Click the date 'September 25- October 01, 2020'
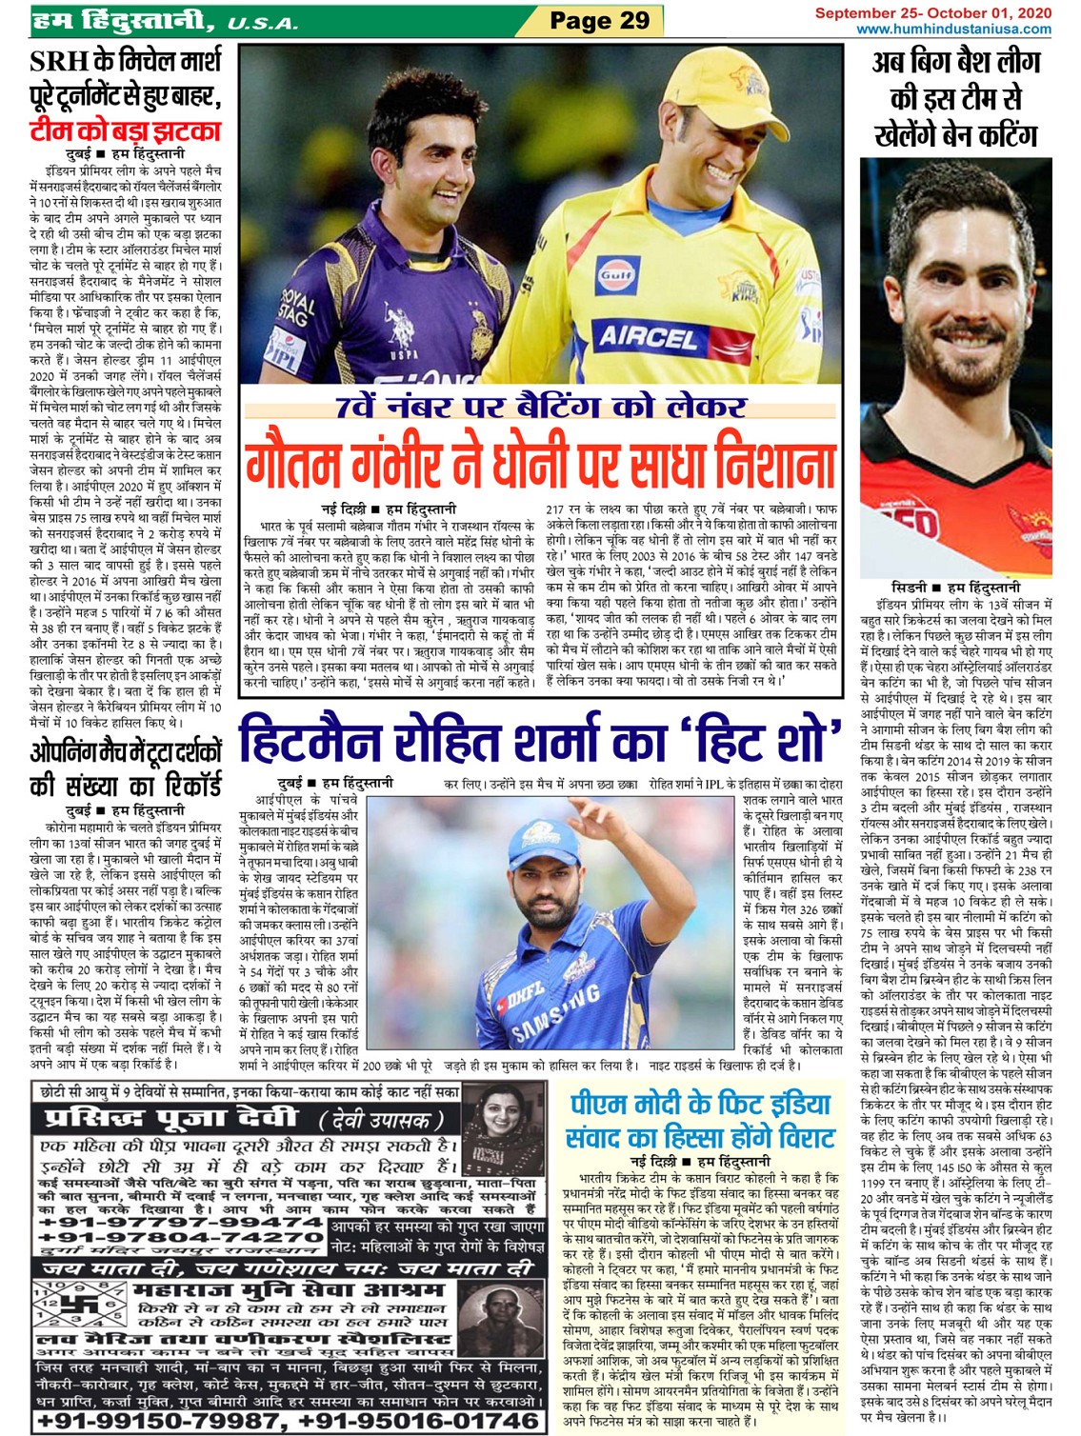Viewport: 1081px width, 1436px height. coord(932,12)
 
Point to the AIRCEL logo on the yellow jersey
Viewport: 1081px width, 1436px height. coord(648,336)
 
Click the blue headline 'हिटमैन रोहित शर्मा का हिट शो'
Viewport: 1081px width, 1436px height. coord(539,739)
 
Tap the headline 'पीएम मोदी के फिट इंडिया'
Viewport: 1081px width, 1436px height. coord(701,1105)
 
